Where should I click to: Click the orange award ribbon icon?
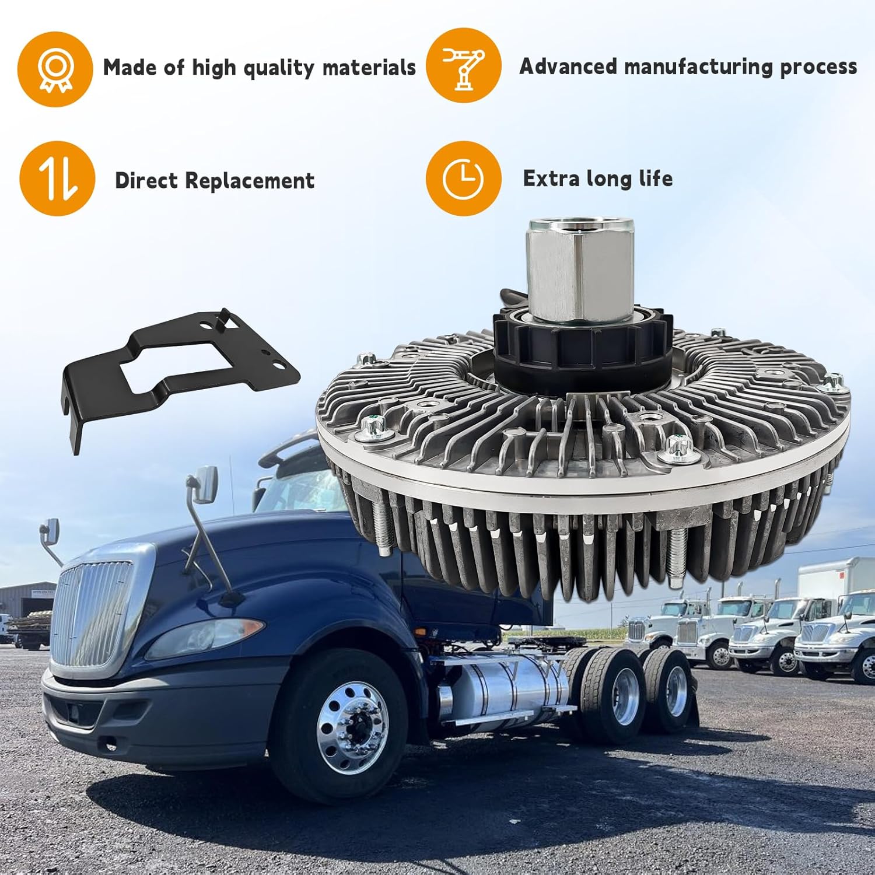[55, 69]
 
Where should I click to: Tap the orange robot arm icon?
[463, 65]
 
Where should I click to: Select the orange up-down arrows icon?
[57, 178]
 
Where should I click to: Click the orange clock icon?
[463, 178]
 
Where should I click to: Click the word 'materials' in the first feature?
[369, 68]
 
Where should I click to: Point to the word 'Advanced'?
[568, 66]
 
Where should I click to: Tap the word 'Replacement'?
[250, 181]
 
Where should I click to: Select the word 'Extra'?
[551, 178]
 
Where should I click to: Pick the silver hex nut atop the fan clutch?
[580, 271]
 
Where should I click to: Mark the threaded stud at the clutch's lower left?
[383, 528]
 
